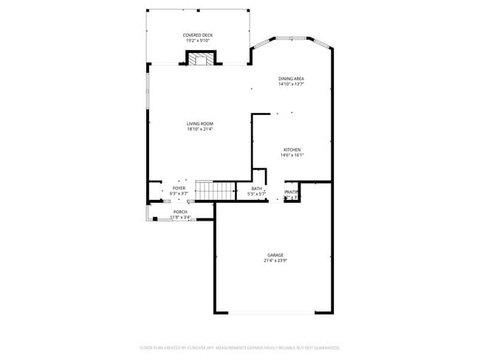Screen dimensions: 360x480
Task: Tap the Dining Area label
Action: coord(291,78)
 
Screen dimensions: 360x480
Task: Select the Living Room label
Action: coord(199,123)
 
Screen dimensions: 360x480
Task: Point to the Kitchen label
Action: coord(292,150)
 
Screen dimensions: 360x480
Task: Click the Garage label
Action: coord(275,255)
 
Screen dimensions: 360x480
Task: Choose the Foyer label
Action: coord(179,188)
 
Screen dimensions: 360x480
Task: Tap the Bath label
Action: coord(256,188)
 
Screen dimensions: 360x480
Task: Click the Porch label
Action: coord(180,212)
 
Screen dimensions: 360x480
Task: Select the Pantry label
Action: coord(291,192)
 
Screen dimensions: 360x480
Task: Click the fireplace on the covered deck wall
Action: coord(200,59)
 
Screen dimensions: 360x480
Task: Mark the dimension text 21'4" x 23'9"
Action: coord(275,260)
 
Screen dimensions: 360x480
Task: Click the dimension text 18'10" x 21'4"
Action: coord(199,129)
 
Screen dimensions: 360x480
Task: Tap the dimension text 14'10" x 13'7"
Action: coord(291,84)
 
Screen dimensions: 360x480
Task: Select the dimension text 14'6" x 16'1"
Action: coord(292,155)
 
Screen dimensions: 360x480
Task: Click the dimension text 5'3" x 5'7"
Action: coord(256,193)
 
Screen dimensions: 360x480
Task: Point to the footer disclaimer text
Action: coord(239,347)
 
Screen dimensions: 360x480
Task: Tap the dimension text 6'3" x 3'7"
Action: coord(179,193)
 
